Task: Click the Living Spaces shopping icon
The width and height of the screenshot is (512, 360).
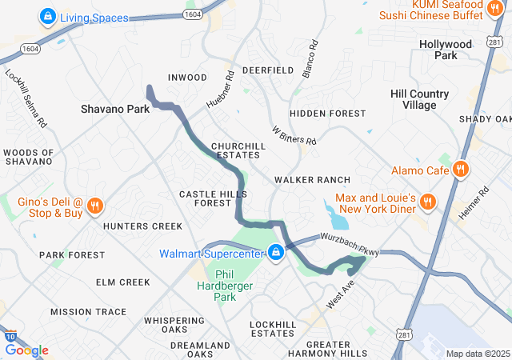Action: [47, 17]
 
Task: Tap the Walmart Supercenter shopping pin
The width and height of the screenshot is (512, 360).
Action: [275, 253]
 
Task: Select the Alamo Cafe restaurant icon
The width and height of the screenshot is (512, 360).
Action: [460, 170]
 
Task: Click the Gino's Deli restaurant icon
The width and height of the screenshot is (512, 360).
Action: [94, 206]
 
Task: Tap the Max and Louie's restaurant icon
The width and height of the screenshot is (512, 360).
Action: [428, 202]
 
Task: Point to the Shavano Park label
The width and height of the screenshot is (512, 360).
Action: [115, 108]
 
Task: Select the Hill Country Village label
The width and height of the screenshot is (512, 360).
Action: [425, 99]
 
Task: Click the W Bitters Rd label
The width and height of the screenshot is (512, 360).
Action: [294, 134]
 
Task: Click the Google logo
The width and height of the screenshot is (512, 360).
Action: [26, 350]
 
